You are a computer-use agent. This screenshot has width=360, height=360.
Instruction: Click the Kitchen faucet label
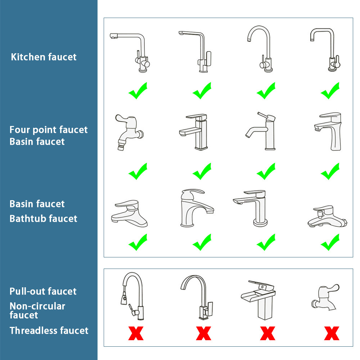pyautogui.click(x=44, y=57)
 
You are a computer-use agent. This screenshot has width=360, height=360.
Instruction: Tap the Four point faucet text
pyautogui.click(x=49, y=130)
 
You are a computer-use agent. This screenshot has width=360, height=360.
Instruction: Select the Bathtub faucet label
pyautogui.click(x=44, y=219)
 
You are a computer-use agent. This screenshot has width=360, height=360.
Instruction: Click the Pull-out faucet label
pyautogui.click(x=43, y=291)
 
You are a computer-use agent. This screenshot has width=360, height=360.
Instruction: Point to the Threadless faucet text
pyautogui.click(x=49, y=330)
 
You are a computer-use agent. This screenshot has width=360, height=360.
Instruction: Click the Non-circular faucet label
pyautogui.click(x=37, y=311)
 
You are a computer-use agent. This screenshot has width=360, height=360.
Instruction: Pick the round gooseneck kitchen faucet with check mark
pyautogui.click(x=260, y=49)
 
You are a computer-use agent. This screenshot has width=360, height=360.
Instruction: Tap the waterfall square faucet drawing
pyautogui.click(x=258, y=300)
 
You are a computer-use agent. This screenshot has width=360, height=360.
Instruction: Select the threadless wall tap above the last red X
pyautogui.click(x=325, y=298)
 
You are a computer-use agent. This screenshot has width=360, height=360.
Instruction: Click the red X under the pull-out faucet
pyautogui.click(x=136, y=333)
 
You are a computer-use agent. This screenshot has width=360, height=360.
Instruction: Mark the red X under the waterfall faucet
pyautogui.click(x=268, y=333)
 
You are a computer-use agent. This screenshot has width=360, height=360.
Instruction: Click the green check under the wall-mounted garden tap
pyautogui.click(x=138, y=171)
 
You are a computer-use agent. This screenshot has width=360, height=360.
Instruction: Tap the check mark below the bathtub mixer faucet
pyautogui.click(x=330, y=242)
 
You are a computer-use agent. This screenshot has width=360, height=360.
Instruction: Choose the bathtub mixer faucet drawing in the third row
pyautogui.click(x=327, y=216)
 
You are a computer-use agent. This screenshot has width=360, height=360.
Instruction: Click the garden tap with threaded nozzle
pyautogui.click(x=129, y=132)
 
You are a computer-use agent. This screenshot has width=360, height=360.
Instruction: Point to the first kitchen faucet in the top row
pyautogui.click(x=130, y=53)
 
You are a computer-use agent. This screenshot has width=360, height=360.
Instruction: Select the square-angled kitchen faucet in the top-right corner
pyautogui.click(x=325, y=50)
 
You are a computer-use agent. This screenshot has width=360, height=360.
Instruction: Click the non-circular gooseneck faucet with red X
pyautogui.click(x=197, y=297)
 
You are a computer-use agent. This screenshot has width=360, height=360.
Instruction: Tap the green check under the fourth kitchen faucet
pyautogui.click(x=330, y=90)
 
